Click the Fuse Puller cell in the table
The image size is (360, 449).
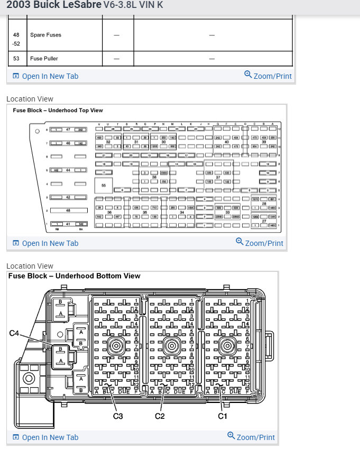[x=44, y=58]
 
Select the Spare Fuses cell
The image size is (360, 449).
[x=45, y=35]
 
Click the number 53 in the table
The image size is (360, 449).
[x=16, y=58]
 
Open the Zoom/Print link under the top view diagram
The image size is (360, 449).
[x=260, y=243]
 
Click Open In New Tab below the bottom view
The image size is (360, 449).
[x=45, y=437]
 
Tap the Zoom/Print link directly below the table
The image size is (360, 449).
[x=268, y=76]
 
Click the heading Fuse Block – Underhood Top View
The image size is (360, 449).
[x=58, y=111]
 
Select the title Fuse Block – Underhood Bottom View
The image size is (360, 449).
[x=75, y=276]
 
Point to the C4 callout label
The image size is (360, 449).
[x=15, y=333]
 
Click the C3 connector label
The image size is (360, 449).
[x=118, y=416]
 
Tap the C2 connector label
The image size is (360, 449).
[x=160, y=416]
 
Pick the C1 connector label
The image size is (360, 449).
[x=223, y=416]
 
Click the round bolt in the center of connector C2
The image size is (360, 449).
[x=171, y=346]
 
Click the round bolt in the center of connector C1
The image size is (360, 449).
[x=227, y=346]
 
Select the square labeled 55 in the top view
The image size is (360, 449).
[x=104, y=186]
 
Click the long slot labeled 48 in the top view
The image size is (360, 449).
[x=68, y=210]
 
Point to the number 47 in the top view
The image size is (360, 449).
[x=68, y=130]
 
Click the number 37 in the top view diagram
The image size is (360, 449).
[x=218, y=177]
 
